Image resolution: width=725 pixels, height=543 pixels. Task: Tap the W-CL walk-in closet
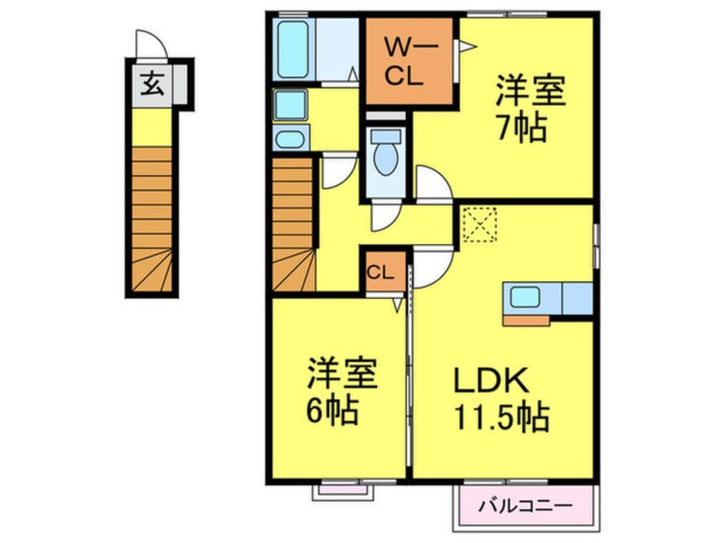[x=400, y=61]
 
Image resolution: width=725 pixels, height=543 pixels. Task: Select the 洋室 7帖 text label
[x=530, y=110]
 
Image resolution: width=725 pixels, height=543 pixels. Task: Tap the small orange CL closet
[x=380, y=273]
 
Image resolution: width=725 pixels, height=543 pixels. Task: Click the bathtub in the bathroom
[x=293, y=48]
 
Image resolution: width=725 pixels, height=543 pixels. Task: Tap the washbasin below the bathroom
[x=290, y=106]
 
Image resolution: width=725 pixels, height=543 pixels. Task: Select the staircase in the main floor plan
[x=294, y=224]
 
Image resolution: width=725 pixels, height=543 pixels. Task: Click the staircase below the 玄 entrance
[x=152, y=218]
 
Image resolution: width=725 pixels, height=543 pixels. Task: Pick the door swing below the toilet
[x=384, y=218]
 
